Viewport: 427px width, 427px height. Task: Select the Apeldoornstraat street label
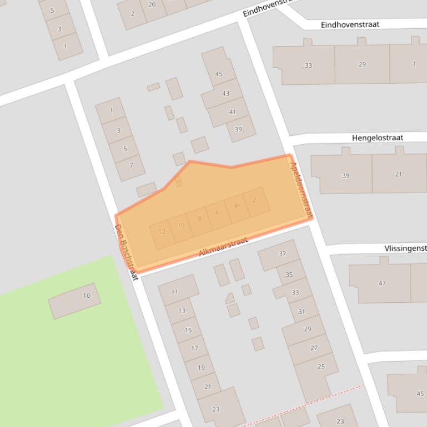tap(302, 189)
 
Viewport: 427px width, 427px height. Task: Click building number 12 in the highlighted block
tap(162, 232)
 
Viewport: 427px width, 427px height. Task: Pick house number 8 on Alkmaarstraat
tap(199, 218)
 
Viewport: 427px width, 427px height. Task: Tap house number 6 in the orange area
tap(217, 212)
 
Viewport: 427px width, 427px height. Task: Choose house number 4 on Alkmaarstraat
tap(236, 206)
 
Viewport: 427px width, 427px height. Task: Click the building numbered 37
tap(282, 254)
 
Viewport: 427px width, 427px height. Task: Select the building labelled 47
tap(382, 283)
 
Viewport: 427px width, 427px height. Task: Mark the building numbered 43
tap(225, 94)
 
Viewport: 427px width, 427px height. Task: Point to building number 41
tap(232, 112)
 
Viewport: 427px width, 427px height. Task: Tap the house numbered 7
tap(132, 165)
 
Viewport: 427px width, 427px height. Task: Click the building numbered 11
tap(175, 292)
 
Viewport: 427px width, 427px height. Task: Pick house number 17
tap(194, 348)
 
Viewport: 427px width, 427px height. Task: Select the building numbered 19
tap(201, 367)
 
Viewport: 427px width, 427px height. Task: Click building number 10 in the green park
tap(86, 296)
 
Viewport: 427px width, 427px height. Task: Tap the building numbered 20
tap(152, 5)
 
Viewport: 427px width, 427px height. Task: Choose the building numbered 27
tap(314, 348)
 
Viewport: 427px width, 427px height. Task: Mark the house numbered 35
tap(289, 274)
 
